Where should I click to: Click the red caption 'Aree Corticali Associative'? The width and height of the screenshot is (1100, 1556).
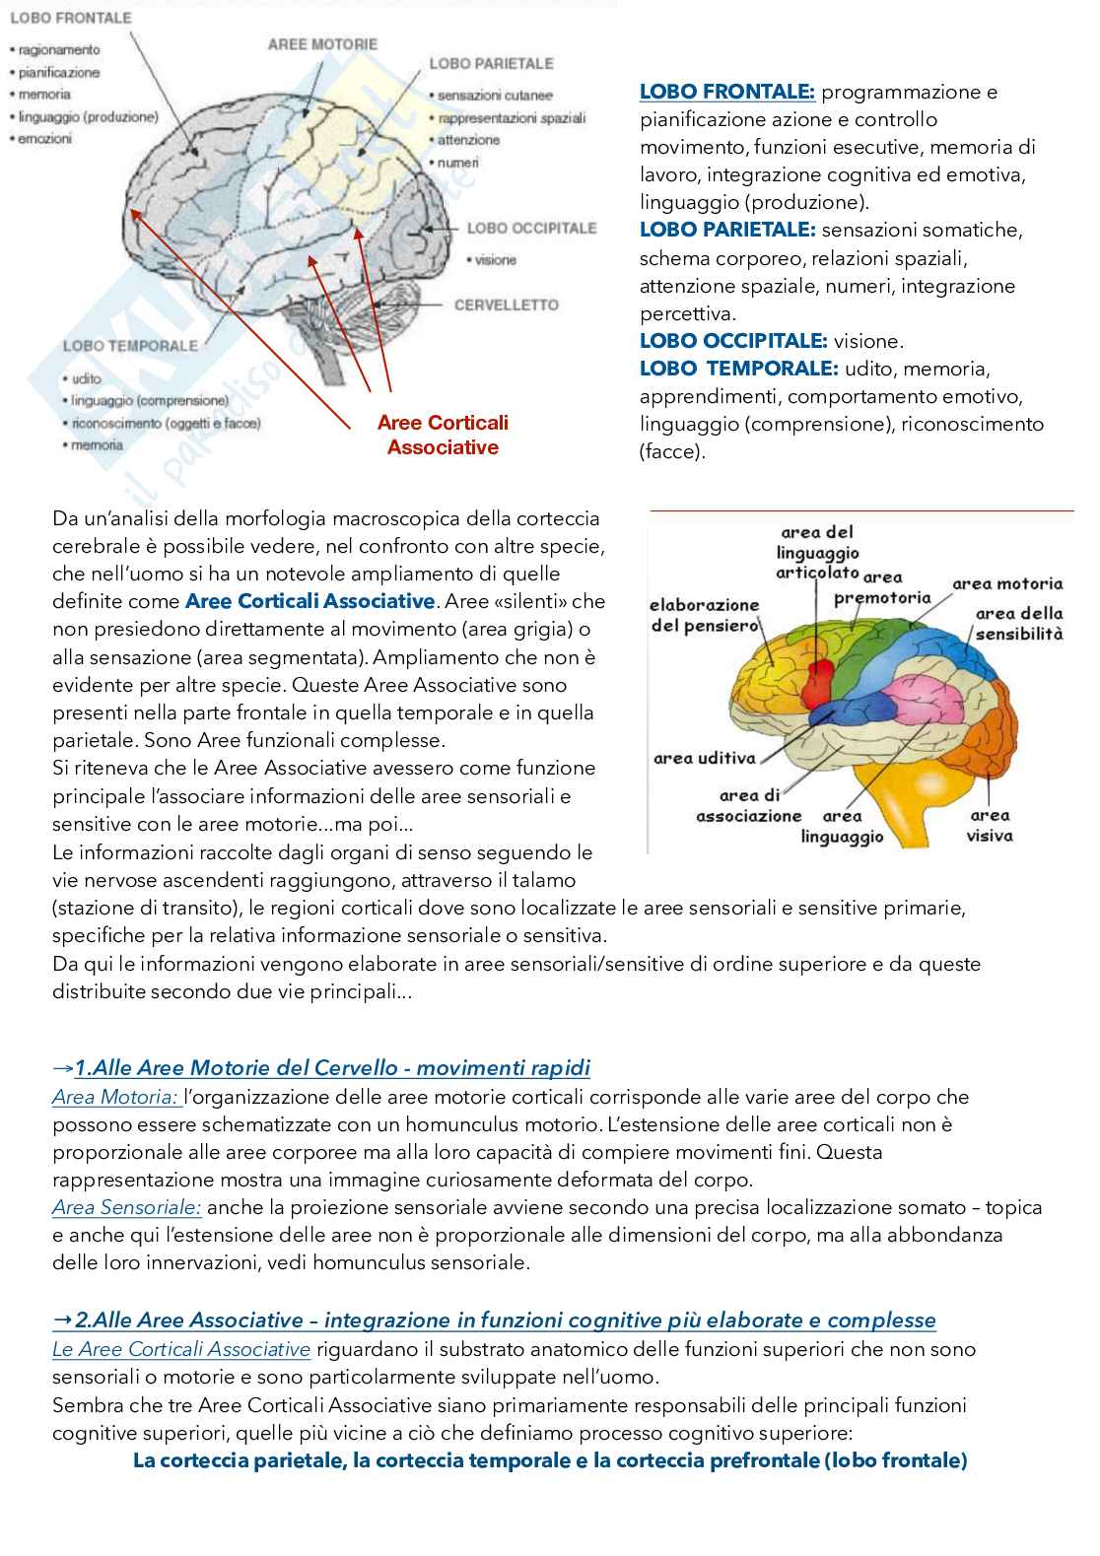click(x=443, y=435)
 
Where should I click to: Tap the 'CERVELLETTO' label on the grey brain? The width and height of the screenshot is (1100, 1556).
click(x=506, y=305)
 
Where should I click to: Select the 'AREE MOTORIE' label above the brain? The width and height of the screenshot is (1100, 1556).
click(x=322, y=44)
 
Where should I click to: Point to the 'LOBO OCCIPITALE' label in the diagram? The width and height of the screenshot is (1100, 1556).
click(x=531, y=229)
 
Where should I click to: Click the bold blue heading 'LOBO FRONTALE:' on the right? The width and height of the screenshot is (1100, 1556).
click(x=727, y=93)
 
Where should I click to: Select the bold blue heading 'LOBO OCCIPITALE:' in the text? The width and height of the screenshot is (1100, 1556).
click(x=733, y=342)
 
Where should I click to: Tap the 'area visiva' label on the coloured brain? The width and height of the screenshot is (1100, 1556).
click(x=990, y=826)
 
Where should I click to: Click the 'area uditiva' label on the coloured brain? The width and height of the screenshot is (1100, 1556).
click(x=704, y=758)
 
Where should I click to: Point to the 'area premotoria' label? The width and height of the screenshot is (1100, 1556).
click(x=882, y=588)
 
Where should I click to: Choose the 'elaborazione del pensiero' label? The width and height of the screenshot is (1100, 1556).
click(x=705, y=615)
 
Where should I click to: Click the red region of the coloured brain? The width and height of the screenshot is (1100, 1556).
click(x=819, y=679)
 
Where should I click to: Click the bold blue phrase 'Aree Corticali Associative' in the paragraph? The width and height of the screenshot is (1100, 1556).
click(x=309, y=601)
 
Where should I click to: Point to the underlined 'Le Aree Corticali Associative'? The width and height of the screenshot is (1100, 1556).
click(x=181, y=1349)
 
